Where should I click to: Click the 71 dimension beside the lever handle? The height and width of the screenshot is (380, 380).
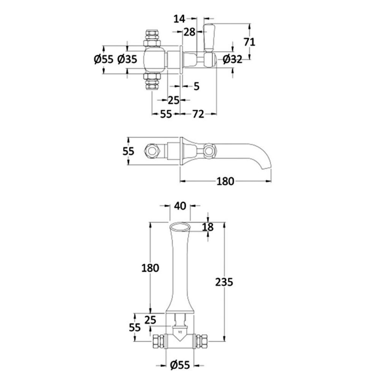(x=249, y=42)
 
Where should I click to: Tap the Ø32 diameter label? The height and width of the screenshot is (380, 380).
(x=232, y=59)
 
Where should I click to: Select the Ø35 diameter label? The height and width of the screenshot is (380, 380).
(x=127, y=59)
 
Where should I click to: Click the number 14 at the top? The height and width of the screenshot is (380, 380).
(x=180, y=19)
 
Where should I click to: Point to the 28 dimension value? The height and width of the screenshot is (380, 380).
(x=189, y=32)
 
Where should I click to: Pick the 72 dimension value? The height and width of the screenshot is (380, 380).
(x=198, y=114)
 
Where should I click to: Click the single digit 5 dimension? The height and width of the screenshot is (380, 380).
(x=196, y=86)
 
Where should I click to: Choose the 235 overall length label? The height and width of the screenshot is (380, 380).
(x=224, y=282)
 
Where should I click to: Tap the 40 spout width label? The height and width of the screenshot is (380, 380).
(x=180, y=206)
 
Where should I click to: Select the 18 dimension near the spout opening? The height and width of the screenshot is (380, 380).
(x=208, y=227)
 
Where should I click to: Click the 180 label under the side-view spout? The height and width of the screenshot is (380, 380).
(x=225, y=181)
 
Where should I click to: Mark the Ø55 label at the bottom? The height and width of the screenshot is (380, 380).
(x=180, y=365)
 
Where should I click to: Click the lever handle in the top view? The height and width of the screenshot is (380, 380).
(x=209, y=38)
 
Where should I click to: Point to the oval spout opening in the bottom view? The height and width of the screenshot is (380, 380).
(x=180, y=228)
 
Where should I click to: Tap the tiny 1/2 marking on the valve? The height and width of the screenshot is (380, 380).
(x=180, y=332)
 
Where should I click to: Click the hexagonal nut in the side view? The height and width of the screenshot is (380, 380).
(x=152, y=151)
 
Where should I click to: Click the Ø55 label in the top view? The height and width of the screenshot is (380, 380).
(x=104, y=59)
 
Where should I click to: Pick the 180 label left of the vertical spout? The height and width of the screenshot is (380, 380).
(x=150, y=268)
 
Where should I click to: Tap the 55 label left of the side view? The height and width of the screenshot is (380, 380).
(x=128, y=152)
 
